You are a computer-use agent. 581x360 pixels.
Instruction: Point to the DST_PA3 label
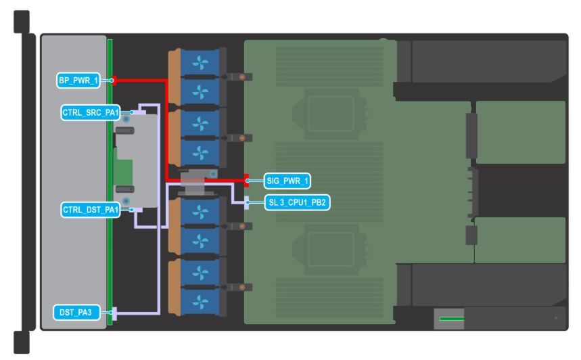[x=76, y=312]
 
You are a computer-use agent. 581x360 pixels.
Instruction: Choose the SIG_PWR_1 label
[x=287, y=181]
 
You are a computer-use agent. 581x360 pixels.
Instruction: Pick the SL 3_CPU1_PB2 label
[x=296, y=202]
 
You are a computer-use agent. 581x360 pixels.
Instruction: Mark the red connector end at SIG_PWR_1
[x=247, y=181]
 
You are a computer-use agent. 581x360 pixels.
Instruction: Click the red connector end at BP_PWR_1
[x=114, y=81]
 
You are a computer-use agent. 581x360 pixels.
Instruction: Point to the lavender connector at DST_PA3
[x=114, y=313]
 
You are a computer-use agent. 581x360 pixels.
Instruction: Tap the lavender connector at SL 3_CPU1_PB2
[x=246, y=202]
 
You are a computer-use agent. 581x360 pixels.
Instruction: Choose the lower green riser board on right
[x=519, y=240]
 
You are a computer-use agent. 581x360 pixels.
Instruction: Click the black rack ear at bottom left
[x=22, y=342]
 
